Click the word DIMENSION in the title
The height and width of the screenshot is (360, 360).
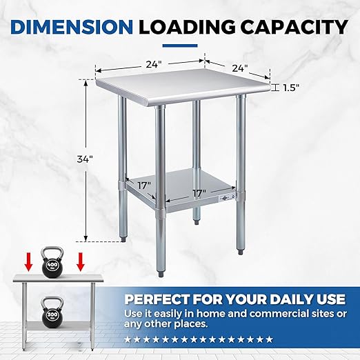[x=72, y=27]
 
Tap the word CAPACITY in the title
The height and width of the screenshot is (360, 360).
[x=295, y=27]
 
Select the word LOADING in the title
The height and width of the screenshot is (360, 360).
[x=188, y=27]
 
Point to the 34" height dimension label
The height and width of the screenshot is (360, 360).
[x=85, y=159]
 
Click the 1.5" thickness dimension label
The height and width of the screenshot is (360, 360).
[x=291, y=88]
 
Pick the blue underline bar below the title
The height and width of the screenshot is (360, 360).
[x=180, y=46]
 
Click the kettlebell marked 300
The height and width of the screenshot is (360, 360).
[x=52, y=310]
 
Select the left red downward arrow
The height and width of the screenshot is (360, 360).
[x=29, y=261]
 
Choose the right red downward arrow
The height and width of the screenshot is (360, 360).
[x=81, y=261]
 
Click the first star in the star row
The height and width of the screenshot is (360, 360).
[x=127, y=339]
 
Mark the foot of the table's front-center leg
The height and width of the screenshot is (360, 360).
[x=161, y=274]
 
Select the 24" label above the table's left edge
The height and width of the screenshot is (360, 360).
[x=152, y=65]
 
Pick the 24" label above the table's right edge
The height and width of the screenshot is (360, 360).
[x=240, y=68]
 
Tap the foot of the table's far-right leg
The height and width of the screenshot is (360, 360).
[x=241, y=252]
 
